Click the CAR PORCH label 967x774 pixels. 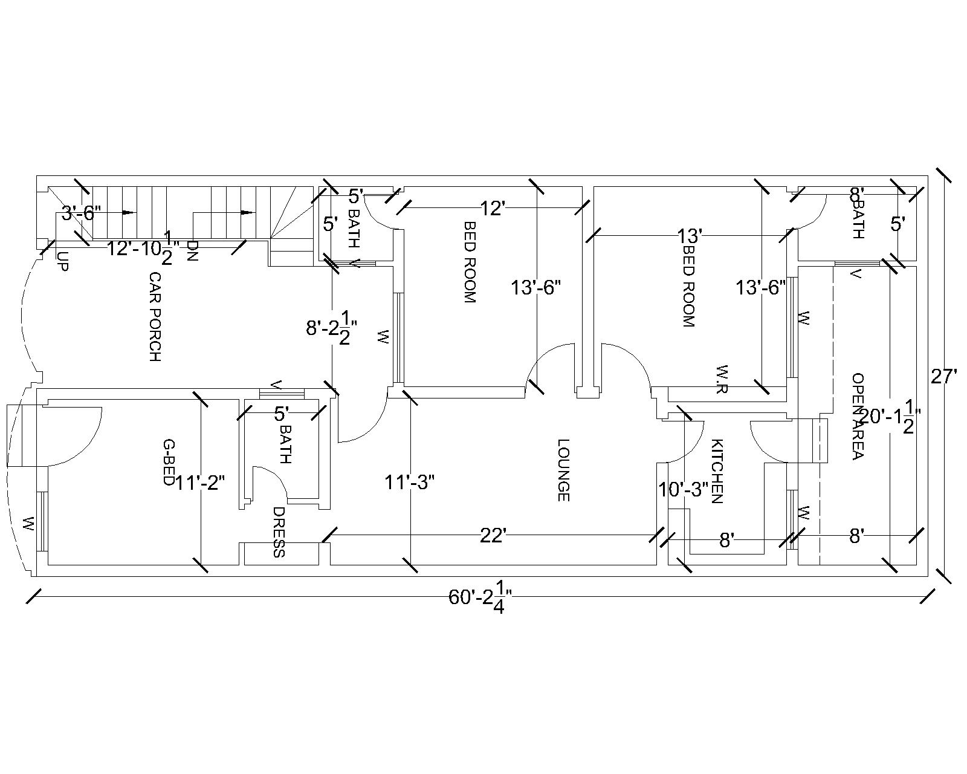click(x=155, y=316)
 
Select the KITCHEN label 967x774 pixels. click(x=717, y=471)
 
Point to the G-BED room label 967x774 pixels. click(x=169, y=462)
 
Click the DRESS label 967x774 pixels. click(x=279, y=532)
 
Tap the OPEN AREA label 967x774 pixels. click(x=857, y=416)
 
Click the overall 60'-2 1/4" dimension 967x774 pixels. click(x=480, y=599)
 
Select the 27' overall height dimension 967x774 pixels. click(x=943, y=377)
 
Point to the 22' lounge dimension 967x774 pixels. click(x=493, y=536)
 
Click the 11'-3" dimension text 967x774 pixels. click(x=410, y=483)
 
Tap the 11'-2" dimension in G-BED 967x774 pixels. click(x=201, y=483)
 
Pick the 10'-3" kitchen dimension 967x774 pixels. click(x=684, y=489)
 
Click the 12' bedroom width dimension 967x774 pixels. click(x=493, y=209)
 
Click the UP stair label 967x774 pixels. click(x=62, y=261)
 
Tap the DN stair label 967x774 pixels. click(x=192, y=250)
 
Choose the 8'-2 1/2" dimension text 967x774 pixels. click(x=331, y=330)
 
